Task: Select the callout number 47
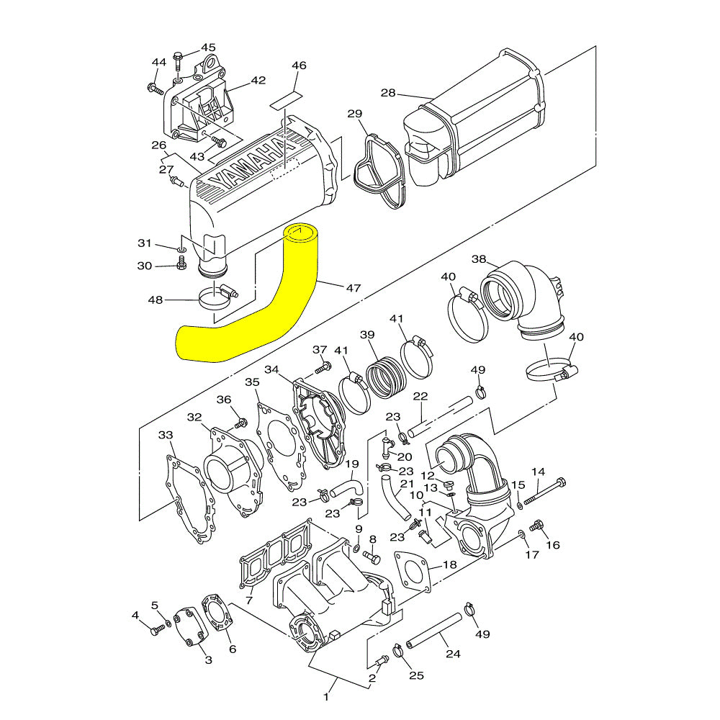[353, 288]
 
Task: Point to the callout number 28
[388, 94]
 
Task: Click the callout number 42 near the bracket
[258, 81]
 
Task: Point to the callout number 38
[480, 259]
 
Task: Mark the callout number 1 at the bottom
[326, 696]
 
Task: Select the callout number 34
[271, 369]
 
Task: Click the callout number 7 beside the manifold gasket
[248, 600]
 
